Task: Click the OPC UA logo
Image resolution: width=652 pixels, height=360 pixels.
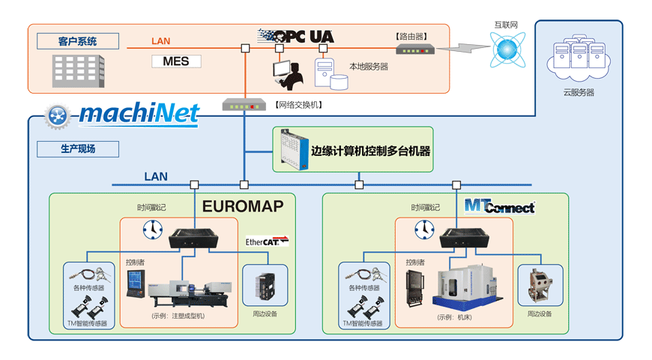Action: point(296,36)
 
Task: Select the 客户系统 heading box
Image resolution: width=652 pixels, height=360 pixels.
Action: point(78,40)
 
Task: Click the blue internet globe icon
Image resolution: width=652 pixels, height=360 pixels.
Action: point(506,51)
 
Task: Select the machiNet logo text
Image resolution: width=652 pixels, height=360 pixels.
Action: point(139,114)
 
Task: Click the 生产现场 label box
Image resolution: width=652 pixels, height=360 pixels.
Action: point(78,148)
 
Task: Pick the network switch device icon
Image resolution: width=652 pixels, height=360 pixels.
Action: point(244,105)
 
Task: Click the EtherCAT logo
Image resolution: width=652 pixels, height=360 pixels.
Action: point(267,241)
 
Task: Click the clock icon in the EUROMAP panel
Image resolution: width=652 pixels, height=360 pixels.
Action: point(151,229)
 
